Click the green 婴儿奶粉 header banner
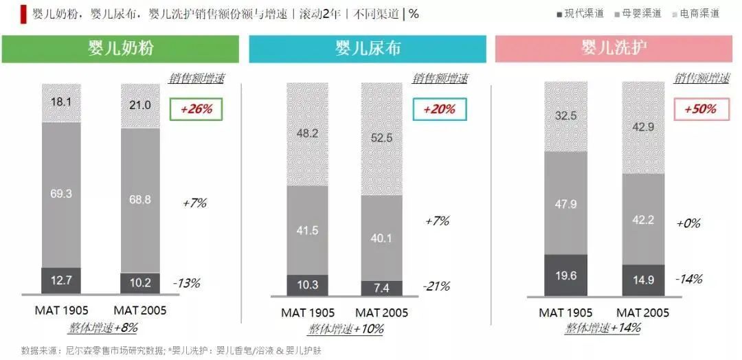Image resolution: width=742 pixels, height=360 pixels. pyautogui.click(x=123, y=49)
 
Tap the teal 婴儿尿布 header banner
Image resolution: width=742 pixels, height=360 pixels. pyautogui.click(x=368, y=49)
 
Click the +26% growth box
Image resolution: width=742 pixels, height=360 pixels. pyautogui.click(x=196, y=109)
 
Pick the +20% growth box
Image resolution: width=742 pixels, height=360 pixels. pyautogui.click(x=439, y=109)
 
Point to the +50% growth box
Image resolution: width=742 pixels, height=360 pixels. pyautogui.click(x=700, y=109)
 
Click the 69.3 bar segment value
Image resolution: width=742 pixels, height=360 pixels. pyautogui.click(x=61, y=194)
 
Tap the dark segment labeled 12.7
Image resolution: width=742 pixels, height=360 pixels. pyautogui.click(x=61, y=280)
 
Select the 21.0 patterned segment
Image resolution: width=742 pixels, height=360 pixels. pyautogui.click(x=140, y=104)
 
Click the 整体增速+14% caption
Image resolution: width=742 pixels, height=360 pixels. pyautogui.click(x=603, y=328)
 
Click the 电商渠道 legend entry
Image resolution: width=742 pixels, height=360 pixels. pyautogui.click(x=695, y=13)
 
